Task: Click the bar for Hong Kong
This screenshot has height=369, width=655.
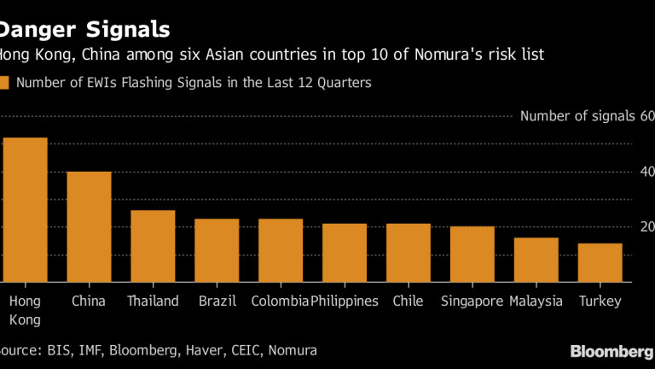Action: pyautogui.click(x=25, y=210)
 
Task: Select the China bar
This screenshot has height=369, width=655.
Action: pyautogui.click(x=89, y=227)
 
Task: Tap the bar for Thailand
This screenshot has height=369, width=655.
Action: pyautogui.click(x=153, y=246)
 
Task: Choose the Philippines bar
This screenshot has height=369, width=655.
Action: pyautogui.click(x=345, y=253)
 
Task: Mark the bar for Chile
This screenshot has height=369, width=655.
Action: pyautogui.click(x=409, y=253)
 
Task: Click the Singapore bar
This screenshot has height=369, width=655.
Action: pyautogui.click(x=472, y=255)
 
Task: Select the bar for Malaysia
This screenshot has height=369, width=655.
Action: pyautogui.click(x=536, y=260)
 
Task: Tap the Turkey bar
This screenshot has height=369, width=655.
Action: pyautogui.click(x=600, y=262)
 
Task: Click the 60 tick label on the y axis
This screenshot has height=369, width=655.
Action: pyautogui.click(x=646, y=116)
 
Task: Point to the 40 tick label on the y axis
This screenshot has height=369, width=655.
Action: pyautogui.click(x=646, y=172)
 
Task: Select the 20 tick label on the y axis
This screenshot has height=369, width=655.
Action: pyautogui.click(x=646, y=227)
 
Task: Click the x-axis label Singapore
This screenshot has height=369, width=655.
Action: pyautogui.click(x=472, y=302)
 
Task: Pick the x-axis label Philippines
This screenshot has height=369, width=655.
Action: pyautogui.click(x=345, y=302)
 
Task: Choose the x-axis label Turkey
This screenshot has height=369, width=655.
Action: pyautogui.click(x=600, y=302)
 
